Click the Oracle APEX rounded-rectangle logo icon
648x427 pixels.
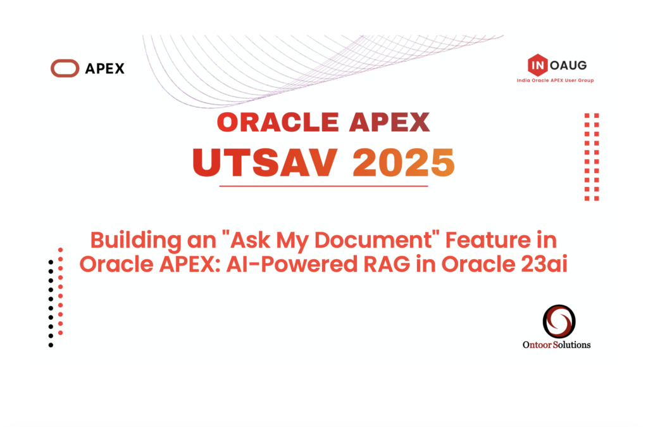pos(65,68)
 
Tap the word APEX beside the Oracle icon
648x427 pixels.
pos(104,68)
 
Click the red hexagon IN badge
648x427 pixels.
pos(537,64)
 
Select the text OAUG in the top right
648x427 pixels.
pos(568,64)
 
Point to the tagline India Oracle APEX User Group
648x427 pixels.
pos(555,80)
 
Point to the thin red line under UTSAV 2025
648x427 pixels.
pos(323,186)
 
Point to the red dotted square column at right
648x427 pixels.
pos(592,157)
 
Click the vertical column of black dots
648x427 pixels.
pos(51,303)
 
